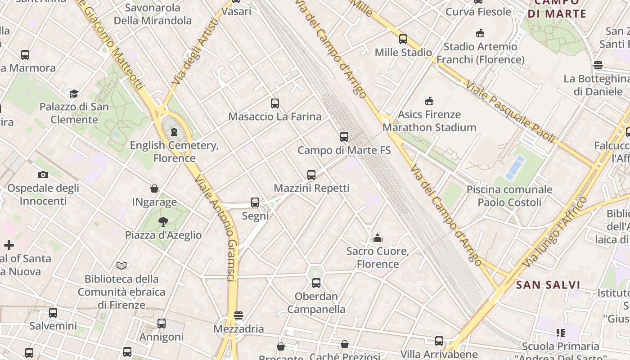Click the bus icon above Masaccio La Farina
(x=275, y=103)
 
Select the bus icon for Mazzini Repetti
(x=311, y=175)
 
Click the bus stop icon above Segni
(x=255, y=202)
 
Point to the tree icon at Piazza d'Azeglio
(x=163, y=221)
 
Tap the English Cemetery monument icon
(x=174, y=132)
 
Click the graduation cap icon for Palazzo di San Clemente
(x=74, y=94)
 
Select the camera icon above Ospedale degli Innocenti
(x=43, y=175)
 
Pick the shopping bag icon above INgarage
(x=154, y=189)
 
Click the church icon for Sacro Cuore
(x=378, y=238)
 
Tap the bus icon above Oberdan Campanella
(x=316, y=283)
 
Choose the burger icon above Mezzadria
(x=238, y=315)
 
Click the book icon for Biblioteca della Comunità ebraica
(x=121, y=265)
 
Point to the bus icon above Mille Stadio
(x=403, y=39)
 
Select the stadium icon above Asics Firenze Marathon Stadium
(x=429, y=101)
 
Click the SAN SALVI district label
(x=548, y=285)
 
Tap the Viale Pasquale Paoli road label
(x=510, y=112)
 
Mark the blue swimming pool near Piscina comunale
(x=516, y=167)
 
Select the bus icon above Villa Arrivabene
(x=439, y=341)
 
